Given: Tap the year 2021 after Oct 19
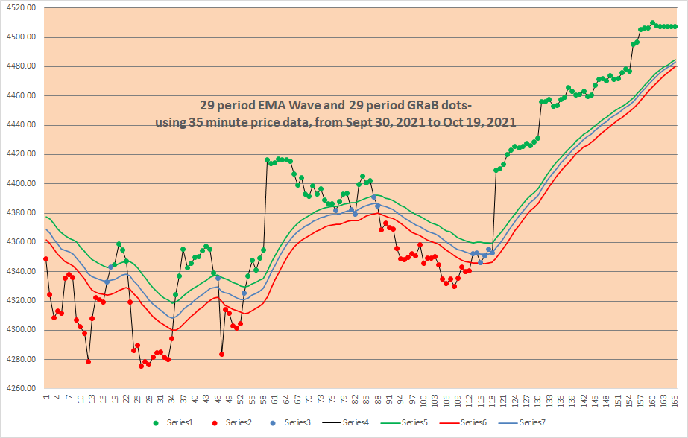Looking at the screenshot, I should (x=500, y=121).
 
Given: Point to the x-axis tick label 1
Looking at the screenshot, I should (x=46, y=400).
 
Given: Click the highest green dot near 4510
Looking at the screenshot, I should (x=652, y=23).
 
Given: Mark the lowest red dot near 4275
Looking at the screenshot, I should (x=142, y=366).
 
